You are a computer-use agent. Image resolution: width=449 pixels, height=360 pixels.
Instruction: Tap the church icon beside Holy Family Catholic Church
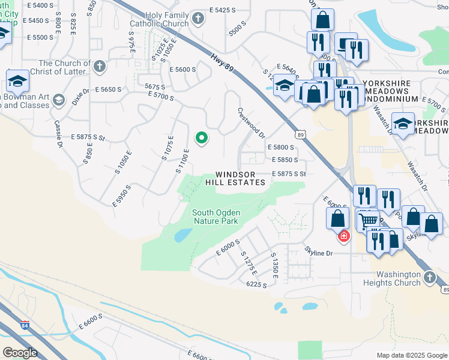[x=199, y=20]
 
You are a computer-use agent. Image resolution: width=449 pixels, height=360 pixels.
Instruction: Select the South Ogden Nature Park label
[x=215, y=217]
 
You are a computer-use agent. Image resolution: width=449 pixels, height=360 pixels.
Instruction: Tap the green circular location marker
[x=202, y=139]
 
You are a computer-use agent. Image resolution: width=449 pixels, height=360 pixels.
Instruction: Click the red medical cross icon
[x=343, y=236]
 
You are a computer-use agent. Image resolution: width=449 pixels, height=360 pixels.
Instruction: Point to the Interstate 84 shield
[x=24, y=326]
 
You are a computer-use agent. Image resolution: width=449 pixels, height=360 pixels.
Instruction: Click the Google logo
[x=20, y=353]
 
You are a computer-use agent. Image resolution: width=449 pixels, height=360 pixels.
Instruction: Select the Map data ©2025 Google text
[x=411, y=355]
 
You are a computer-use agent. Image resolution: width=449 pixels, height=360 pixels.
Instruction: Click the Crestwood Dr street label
[x=250, y=122]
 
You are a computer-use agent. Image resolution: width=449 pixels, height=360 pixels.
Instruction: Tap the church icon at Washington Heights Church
[x=429, y=277]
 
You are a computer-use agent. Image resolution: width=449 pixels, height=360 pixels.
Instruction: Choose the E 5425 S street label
[x=231, y=11]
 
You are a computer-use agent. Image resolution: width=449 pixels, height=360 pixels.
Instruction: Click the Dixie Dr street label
[x=81, y=97]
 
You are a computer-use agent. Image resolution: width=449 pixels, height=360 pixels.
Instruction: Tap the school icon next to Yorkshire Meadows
[x=403, y=124]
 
